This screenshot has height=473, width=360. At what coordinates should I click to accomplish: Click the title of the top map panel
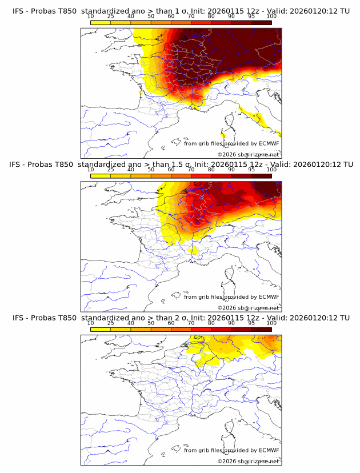pos(181,11)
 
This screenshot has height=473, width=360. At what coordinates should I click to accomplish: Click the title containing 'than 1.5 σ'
pos(181,165)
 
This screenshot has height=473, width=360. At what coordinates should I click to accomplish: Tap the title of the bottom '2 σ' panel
pos(181,318)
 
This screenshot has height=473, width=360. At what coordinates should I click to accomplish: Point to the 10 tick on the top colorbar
pos(91,17)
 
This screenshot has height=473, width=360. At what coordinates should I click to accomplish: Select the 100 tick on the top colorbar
pos(271,17)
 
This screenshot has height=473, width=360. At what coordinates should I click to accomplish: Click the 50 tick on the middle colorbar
pos(151,170)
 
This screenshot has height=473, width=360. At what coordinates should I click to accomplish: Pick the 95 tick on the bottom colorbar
pos(251,323)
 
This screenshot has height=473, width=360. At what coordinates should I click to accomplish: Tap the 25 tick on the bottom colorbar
pos(111,323)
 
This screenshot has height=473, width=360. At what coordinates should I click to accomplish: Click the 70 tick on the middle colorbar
pos(191,170)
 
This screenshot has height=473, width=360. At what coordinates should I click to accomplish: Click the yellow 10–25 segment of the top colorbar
pos(101,22)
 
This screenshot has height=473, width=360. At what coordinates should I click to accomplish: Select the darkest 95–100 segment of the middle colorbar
pos(262,175)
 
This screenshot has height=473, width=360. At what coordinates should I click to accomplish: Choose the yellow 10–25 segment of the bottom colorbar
pos(101,328)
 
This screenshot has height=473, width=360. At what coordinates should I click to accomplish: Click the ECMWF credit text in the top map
pos(231,144)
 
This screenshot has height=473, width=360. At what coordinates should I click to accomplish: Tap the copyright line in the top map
pos(248,154)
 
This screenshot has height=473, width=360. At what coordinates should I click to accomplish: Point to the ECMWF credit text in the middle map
pos(231,297)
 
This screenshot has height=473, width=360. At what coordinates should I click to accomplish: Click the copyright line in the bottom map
pos(248,461)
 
